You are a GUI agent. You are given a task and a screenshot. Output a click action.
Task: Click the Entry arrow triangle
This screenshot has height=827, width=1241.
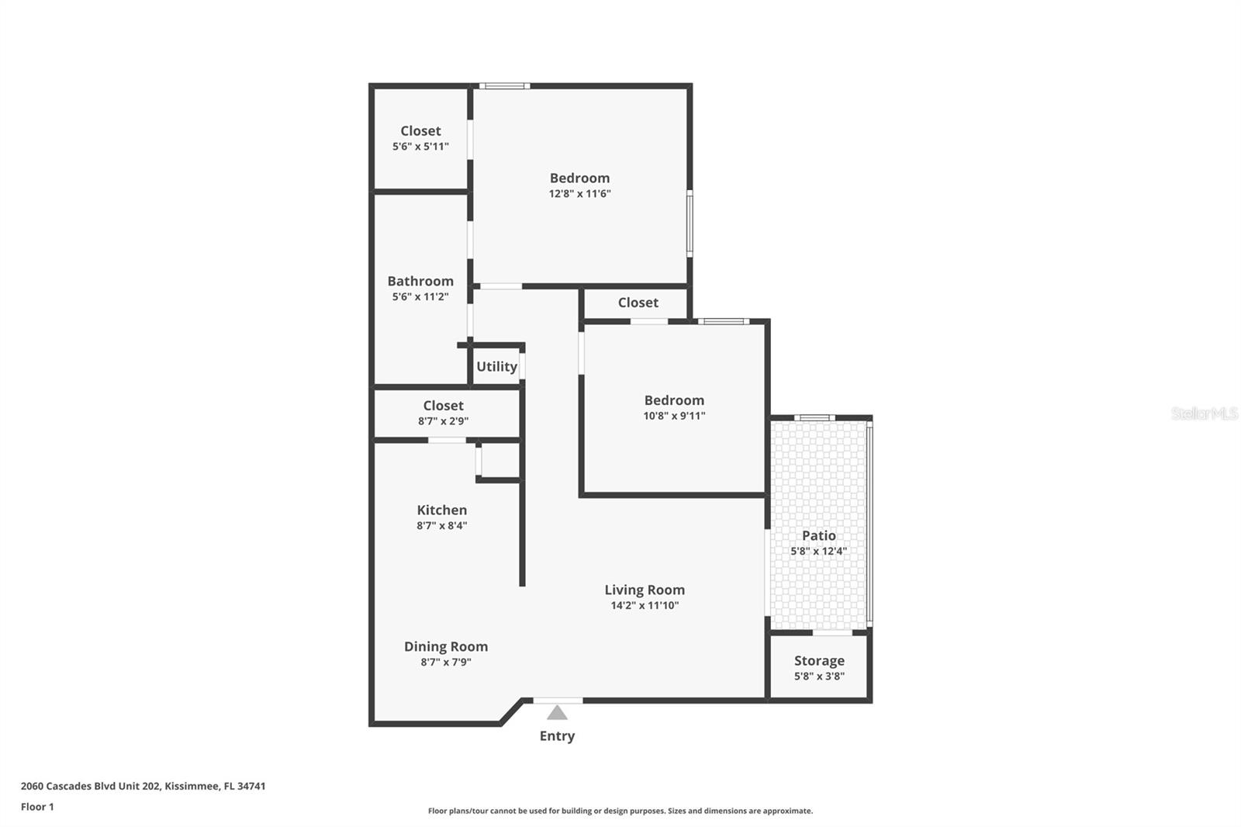point(557,712)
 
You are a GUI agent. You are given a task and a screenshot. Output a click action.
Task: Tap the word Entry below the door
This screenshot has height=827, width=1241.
point(557,735)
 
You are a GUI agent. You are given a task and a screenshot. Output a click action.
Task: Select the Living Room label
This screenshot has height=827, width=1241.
point(645,590)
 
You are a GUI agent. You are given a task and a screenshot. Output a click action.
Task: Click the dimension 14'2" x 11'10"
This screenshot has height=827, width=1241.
point(645,605)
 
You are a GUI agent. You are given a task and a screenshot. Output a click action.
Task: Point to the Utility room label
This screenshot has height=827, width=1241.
point(496,366)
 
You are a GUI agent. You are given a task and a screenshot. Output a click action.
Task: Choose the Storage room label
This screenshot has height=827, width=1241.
point(819,660)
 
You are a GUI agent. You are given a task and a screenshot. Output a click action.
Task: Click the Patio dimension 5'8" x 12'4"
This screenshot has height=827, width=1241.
point(818,551)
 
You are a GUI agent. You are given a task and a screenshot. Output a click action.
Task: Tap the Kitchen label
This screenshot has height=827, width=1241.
point(441,510)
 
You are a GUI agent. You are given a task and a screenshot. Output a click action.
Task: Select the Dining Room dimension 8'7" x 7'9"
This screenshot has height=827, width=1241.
point(446,662)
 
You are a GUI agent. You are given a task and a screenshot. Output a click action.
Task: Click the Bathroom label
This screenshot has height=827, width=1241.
point(420,281)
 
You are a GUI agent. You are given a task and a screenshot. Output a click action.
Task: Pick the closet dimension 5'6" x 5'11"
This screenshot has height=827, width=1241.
point(420,147)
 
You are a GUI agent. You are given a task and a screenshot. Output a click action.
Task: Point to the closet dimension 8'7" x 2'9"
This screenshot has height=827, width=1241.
point(443,421)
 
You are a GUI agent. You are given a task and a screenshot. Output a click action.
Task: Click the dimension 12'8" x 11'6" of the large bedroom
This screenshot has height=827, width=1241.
point(579,194)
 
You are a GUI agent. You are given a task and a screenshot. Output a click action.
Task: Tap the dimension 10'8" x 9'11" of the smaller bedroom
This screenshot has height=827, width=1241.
point(674,416)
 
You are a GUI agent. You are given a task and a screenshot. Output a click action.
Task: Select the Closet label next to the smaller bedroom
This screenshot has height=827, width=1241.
point(638,303)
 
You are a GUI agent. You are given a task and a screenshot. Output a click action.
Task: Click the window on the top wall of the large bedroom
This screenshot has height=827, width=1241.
point(504,85)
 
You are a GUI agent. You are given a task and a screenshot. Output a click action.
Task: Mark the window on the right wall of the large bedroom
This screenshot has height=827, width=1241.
point(690,223)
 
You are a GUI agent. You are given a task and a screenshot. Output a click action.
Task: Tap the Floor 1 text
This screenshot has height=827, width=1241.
point(37,807)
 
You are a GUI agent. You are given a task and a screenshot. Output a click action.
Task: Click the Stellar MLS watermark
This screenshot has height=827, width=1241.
point(1204,413)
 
